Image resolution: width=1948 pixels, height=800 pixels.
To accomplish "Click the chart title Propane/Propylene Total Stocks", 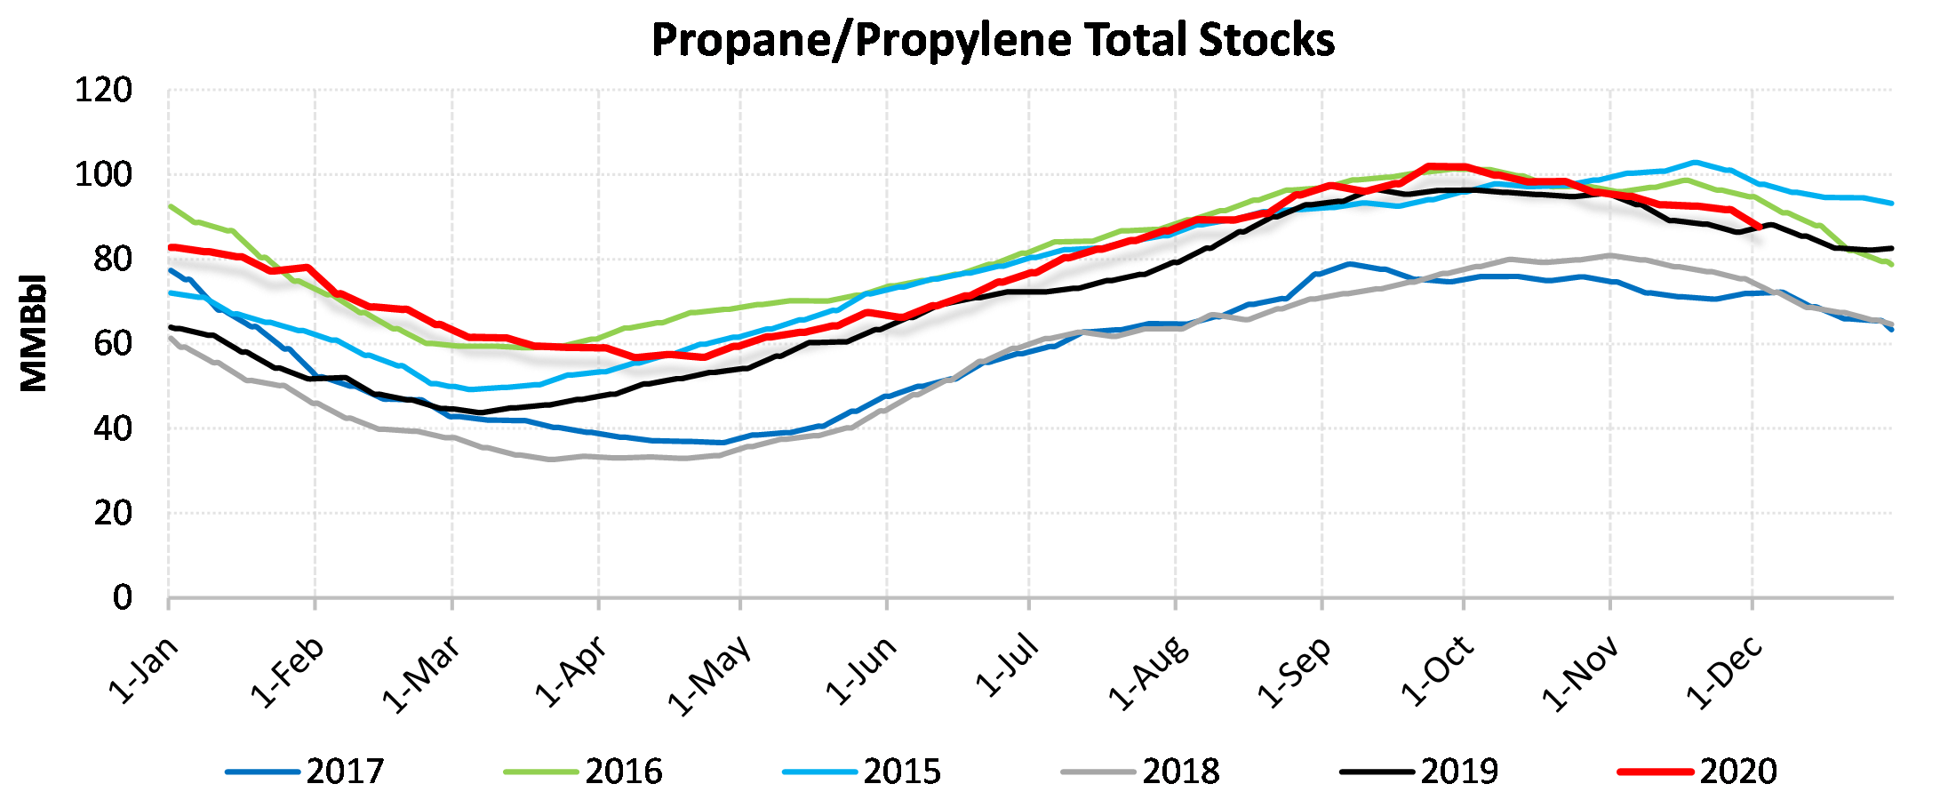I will (993, 40).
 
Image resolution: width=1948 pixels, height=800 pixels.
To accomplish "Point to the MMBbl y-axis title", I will (34, 332).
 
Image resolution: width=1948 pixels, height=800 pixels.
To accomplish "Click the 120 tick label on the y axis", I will (104, 91).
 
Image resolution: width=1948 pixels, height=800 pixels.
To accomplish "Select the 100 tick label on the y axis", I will (104, 175).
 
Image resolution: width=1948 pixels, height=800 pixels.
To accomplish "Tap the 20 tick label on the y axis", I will (113, 513).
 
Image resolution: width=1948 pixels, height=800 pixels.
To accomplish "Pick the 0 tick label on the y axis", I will (123, 597).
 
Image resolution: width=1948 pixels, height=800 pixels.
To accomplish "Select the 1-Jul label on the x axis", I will (1006, 666).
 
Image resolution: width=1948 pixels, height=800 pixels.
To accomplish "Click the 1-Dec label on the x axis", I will (1724, 674).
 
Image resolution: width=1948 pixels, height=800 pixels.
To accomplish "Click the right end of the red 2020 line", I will (1760, 227).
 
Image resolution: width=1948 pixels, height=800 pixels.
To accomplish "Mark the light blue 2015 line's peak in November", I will (1695, 163).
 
